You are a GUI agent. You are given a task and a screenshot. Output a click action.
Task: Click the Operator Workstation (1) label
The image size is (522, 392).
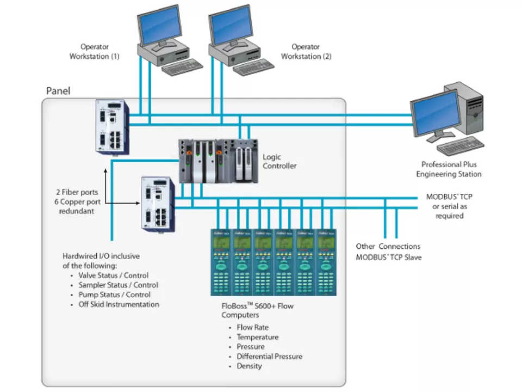point(94,52)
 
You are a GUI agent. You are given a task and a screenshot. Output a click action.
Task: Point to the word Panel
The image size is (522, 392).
point(58,91)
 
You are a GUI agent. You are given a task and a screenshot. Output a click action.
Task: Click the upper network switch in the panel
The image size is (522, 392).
point(113,127)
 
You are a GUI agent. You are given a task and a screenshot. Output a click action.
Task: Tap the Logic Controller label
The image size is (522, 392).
point(279,161)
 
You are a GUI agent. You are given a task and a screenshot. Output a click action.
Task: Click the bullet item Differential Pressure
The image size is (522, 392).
point(269,357)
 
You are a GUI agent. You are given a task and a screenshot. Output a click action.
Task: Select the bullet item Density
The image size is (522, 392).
point(249,366)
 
